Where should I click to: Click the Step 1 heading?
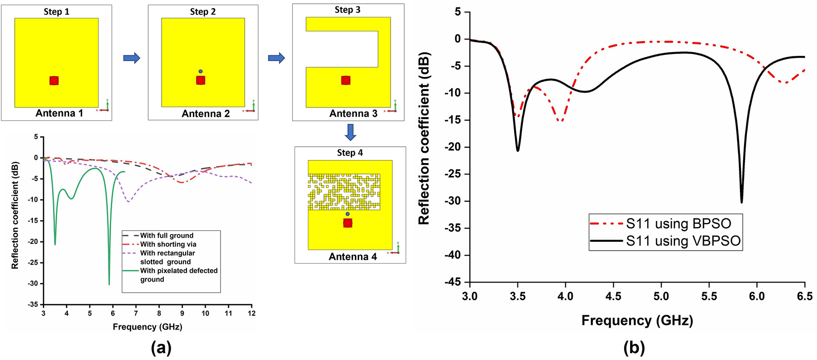pyautogui.click(x=56, y=12)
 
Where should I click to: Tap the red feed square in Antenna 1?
pyautogui.click(x=54, y=81)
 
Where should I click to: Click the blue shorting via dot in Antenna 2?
pyautogui.click(x=200, y=72)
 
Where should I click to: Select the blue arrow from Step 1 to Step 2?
pyautogui.click(x=132, y=58)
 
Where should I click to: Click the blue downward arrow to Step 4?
pyautogui.click(x=350, y=132)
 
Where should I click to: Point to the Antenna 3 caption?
pyautogui.click(x=353, y=114)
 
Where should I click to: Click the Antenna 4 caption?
pyautogui.click(x=353, y=257)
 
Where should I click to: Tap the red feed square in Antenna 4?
pyautogui.click(x=348, y=223)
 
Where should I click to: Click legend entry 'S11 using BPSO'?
pyautogui.click(x=678, y=224)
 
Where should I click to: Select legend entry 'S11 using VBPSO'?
pyautogui.click(x=683, y=241)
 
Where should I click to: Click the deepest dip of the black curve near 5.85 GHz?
pyautogui.click(x=742, y=202)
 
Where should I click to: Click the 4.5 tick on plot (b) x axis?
pyautogui.click(x=613, y=296)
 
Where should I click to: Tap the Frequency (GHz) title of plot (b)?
pyautogui.click(x=637, y=320)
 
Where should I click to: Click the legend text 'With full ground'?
pyautogui.click(x=167, y=235)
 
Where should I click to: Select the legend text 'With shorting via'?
pyautogui.click(x=168, y=244)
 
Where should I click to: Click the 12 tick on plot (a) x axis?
pyautogui.click(x=251, y=313)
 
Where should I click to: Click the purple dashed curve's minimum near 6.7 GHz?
pyautogui.click(x=128, y=201)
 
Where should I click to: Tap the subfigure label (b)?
pyautogui.click(x=634, y=348)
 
